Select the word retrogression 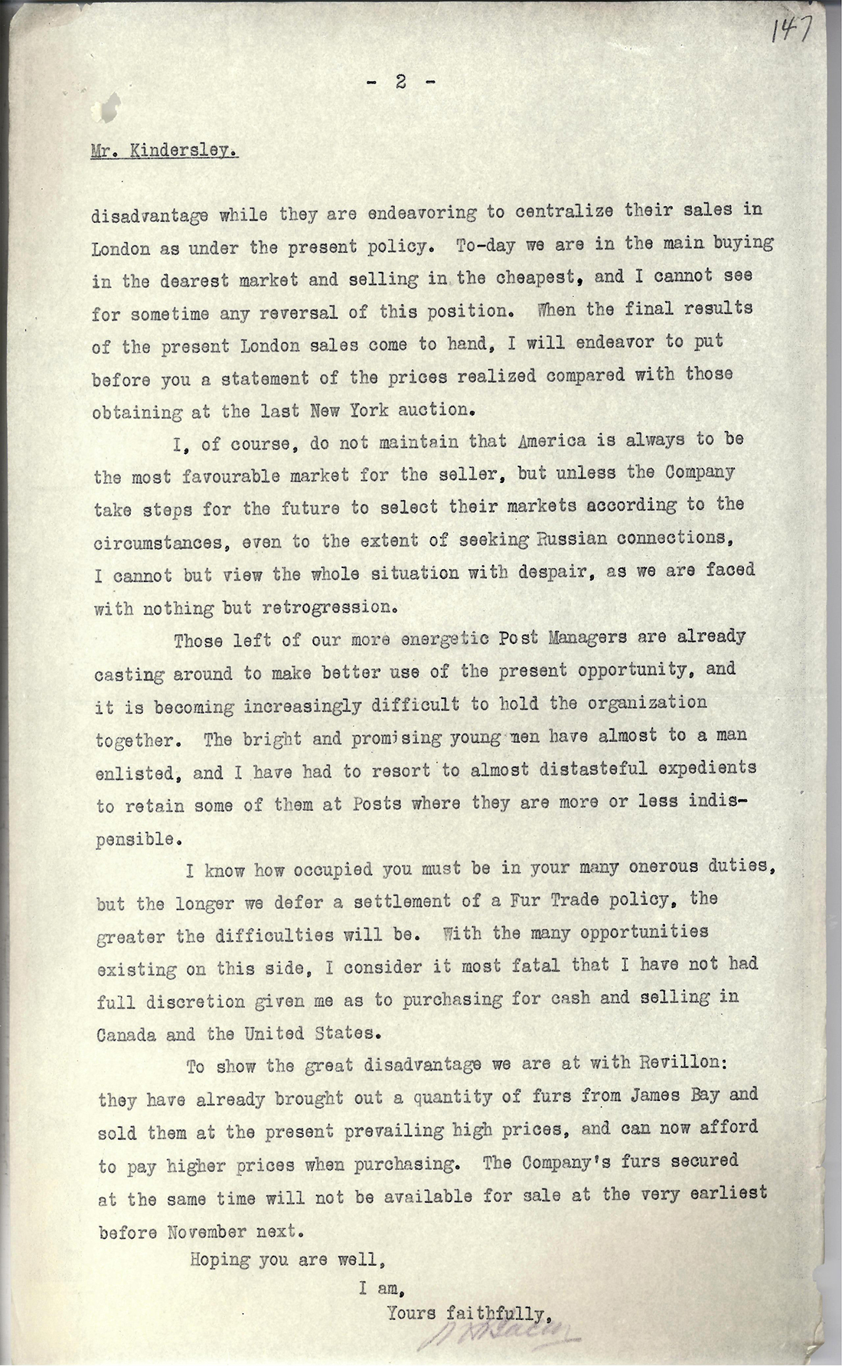328,609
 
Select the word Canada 126,1034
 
